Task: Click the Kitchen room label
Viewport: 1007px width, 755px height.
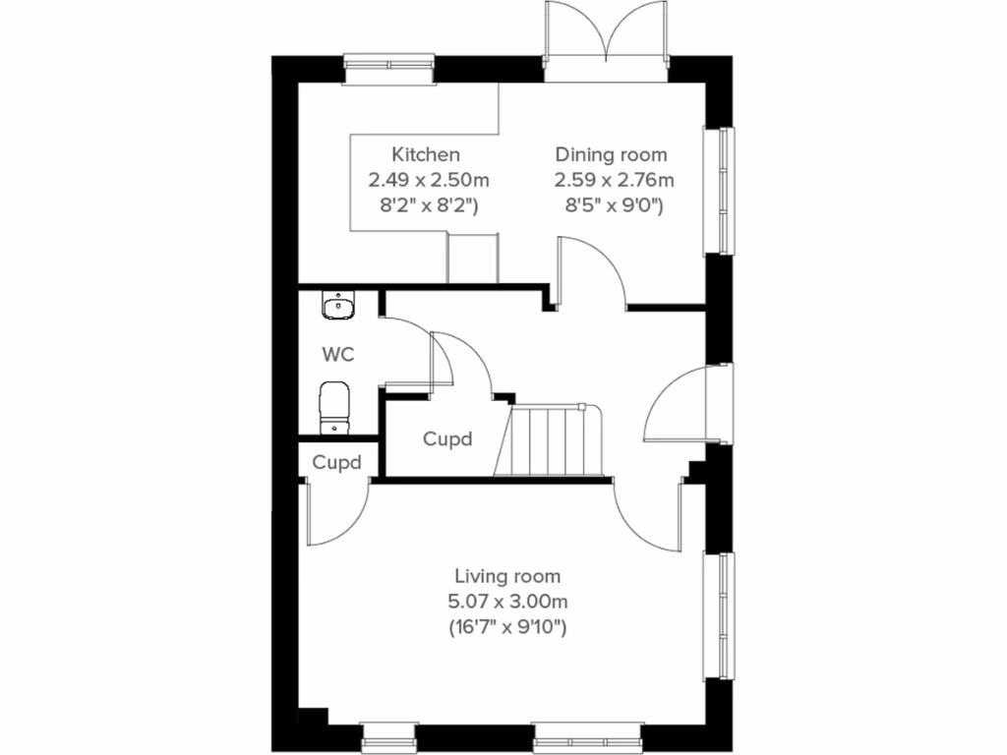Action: [426, 154]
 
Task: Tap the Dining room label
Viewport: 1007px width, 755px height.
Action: [611, 154]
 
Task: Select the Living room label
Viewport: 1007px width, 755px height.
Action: [507, 576]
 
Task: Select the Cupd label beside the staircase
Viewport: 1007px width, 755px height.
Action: [447, 438]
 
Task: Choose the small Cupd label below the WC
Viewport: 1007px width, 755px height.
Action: [336, 462]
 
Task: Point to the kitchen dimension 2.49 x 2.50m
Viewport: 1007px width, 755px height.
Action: [429, 180]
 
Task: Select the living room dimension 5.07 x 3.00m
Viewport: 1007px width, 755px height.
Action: [507, 602]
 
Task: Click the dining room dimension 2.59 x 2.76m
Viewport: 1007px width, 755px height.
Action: [614, 180]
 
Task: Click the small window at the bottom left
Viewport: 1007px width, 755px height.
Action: [389, 733]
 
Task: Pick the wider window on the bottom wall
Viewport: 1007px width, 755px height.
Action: [587, 733]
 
